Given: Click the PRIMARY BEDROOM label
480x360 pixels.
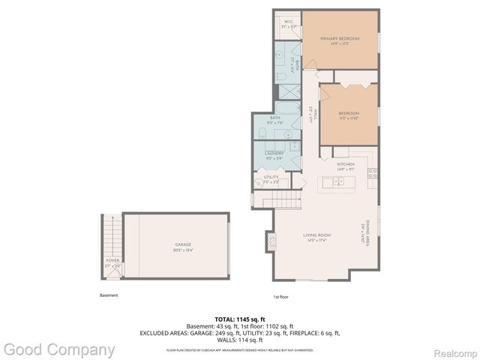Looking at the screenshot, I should [x=340, y=38].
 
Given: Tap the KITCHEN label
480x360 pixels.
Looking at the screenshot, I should [x=345, y=163].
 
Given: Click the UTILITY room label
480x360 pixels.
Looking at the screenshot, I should [x=271, y=177].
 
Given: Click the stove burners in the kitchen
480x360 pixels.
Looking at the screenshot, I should [x=371, y=174].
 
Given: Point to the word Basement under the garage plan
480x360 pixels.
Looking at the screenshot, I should [x=109, y=295].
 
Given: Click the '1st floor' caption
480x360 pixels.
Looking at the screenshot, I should [x=280, y=297].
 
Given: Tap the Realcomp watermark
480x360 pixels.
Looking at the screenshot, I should [x=454, y=349].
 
